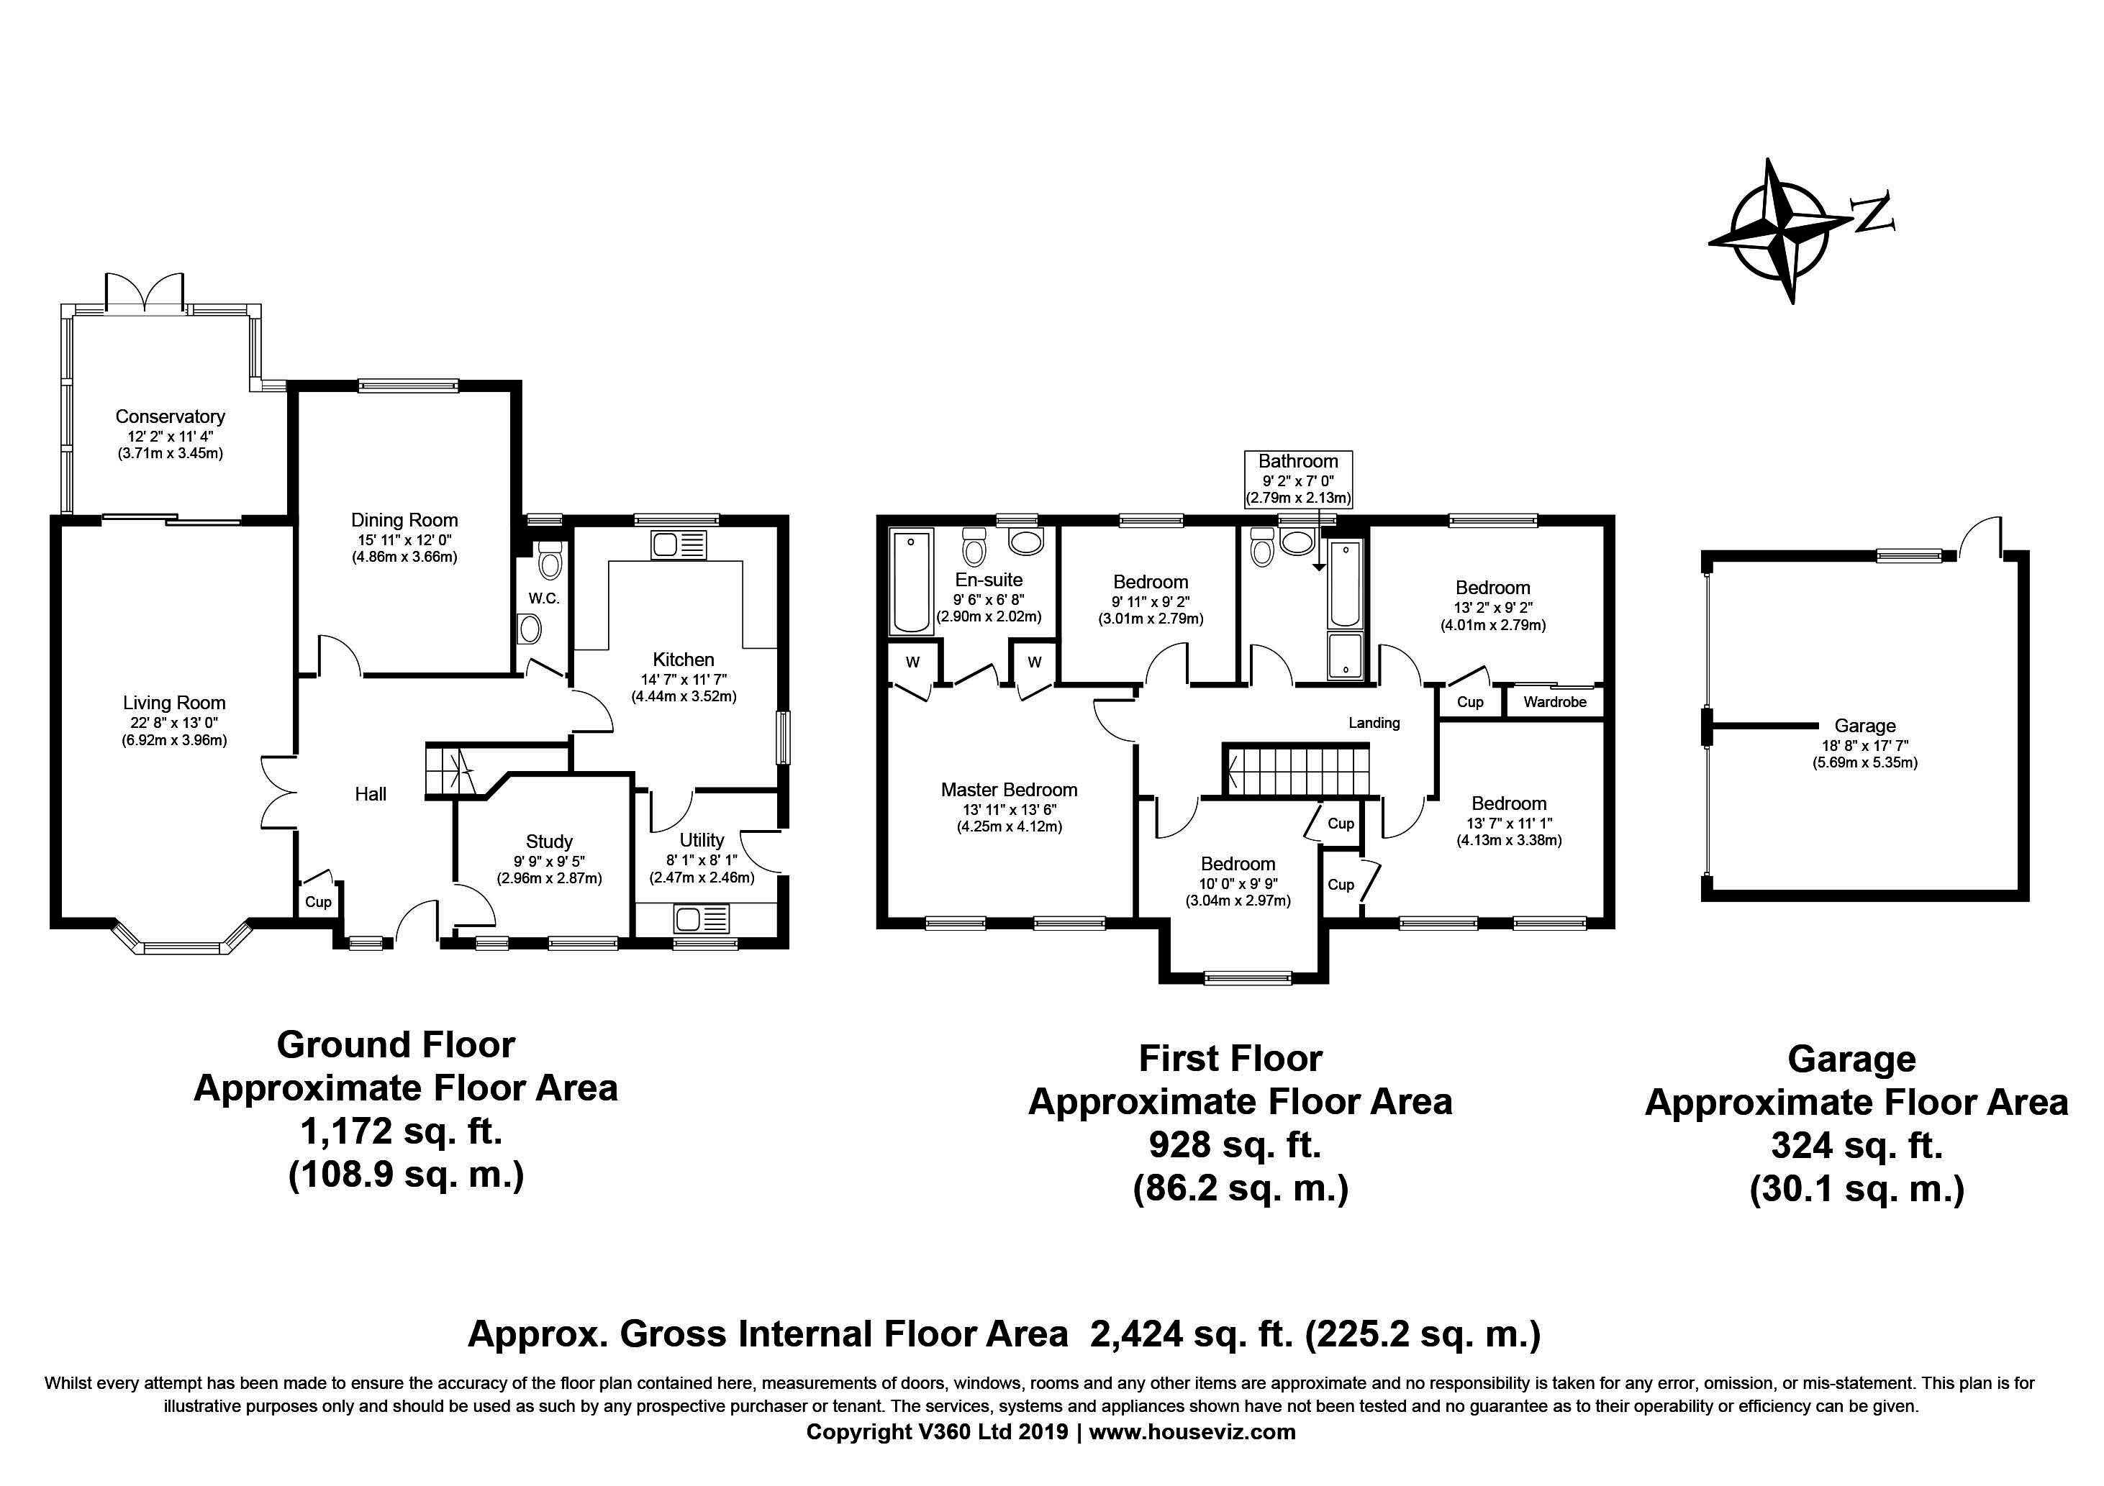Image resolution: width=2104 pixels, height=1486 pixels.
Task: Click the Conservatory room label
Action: [x=171, y=417]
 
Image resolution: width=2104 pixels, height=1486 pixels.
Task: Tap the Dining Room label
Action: [x=404, y=520]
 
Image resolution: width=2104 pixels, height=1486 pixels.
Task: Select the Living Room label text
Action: [x=174, y=703]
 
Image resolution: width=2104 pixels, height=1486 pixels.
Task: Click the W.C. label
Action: [x=543, y=598]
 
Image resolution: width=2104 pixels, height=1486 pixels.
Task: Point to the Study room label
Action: [x=549, y=841]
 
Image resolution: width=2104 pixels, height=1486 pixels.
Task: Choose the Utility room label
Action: [x=702, y=840]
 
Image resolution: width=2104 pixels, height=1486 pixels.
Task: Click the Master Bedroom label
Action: [x=1009, y=790]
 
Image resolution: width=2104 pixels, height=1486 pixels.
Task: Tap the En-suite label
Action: [x=989, y=580]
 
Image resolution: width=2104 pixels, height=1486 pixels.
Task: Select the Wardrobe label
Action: [x=1555, y=702]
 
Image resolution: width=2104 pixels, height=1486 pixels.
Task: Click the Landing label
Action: [x=1374, y=723]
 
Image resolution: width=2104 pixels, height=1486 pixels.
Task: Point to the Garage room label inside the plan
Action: [x=1865, y=726]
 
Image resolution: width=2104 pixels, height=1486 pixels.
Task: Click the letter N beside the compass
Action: [x=1873, y=213]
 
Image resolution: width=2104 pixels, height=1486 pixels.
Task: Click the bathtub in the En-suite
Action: [x=912, y=582]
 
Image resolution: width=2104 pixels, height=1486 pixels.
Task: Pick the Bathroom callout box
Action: [x=1297, y=479]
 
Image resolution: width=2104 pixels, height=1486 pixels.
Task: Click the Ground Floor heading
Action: [x=396, y=1045]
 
